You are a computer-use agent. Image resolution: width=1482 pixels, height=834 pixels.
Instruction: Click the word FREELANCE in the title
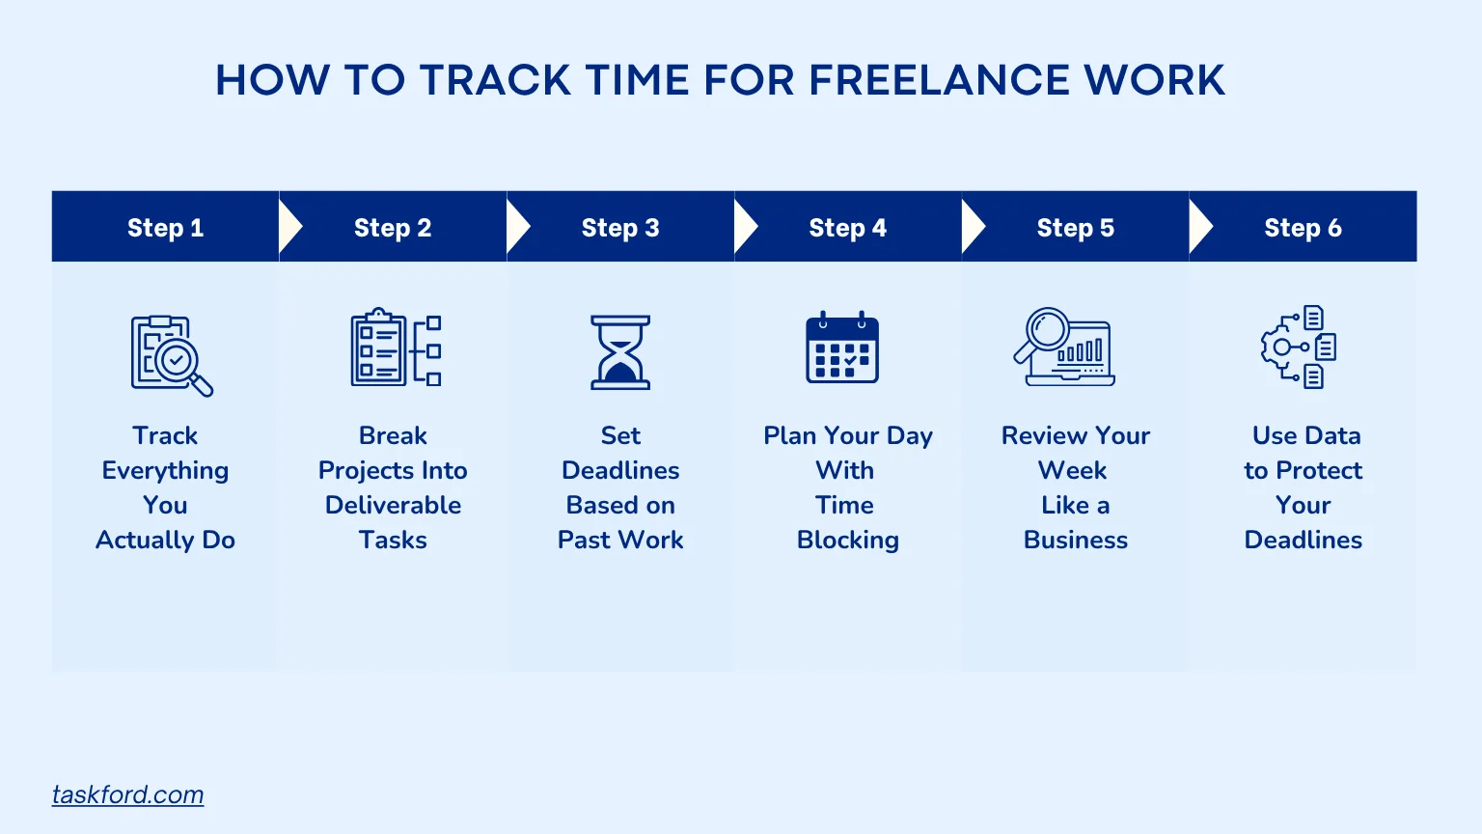tap(939, 80)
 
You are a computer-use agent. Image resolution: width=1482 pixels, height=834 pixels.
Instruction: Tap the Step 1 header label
tap(165, 228)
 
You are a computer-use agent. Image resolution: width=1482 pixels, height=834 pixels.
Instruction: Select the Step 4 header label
tap(847, 228)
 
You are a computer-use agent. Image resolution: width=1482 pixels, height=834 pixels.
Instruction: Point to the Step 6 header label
tap(1303, 228)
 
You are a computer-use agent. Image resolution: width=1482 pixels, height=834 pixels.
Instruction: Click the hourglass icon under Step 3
tap(620, 352)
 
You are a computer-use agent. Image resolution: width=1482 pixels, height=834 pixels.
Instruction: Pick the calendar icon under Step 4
tap(842, 347)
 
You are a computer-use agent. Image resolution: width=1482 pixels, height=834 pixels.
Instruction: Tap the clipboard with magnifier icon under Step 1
tap(172, 355)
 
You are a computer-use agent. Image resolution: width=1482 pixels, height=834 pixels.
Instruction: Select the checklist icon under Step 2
tap(396, 347)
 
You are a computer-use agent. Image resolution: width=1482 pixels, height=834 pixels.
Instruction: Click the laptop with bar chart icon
tap(1064, 347)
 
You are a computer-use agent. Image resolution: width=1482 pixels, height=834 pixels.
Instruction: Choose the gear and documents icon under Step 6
tap(1299, 347)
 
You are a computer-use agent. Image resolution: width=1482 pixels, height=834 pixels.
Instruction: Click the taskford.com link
tap(127, 795)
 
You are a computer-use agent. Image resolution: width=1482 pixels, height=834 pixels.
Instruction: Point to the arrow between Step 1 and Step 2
tap(290, 227)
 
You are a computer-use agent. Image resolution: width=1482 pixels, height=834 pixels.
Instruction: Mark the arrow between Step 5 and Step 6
tap(1201, 227)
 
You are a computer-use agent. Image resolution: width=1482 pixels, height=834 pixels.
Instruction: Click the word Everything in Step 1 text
tap(165, 471)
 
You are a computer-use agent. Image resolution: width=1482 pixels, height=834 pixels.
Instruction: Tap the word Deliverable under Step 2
tap(393, 505)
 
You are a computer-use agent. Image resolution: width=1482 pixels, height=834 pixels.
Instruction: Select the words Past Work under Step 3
tap(620, 541)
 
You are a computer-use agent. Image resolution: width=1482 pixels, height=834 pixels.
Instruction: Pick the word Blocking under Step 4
tap(847, 541)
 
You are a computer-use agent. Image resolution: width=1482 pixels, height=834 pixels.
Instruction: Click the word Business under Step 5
tap(1076, 541)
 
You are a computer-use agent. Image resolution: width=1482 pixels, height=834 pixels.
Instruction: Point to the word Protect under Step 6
tap(1319, 471)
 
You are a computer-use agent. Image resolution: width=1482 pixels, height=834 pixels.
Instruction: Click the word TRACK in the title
tap(496, 80)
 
